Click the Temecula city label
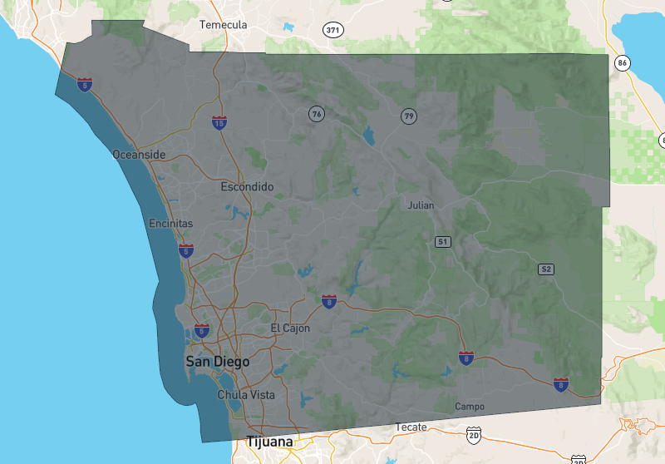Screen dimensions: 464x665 click(x=224, y=25)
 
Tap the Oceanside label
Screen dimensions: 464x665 click(x=139, y=155)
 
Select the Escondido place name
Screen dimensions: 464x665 click(x=247, y=187)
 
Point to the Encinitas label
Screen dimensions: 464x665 click(x=170, y=224)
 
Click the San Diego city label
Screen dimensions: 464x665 click(x=217, y=362)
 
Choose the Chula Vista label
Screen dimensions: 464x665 click(x=246, y=395)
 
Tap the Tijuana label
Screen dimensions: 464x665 click(x=269, y=442)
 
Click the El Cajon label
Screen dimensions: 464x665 click(x=290, y=328)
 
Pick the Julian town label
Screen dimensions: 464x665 click(x=421, y=205)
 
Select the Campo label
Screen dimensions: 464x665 click(x=470, y=406)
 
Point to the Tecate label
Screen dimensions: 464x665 click(x=411, y=427)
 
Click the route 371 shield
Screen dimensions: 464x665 click(x=333, y=30)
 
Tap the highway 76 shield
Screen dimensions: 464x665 click(x=316, y=113)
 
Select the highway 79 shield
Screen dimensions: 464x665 click(x=408, y=116)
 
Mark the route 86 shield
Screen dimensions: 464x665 click(x=622, y=62)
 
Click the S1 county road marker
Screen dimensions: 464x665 click(x=443, y=241)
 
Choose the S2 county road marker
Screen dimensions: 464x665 click(x=545, y=269)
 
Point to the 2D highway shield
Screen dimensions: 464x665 click(x=474, y=434)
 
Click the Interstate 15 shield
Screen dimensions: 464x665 click(x=219, y=123)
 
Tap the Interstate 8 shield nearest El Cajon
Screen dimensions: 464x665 click(x=329, y=301)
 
